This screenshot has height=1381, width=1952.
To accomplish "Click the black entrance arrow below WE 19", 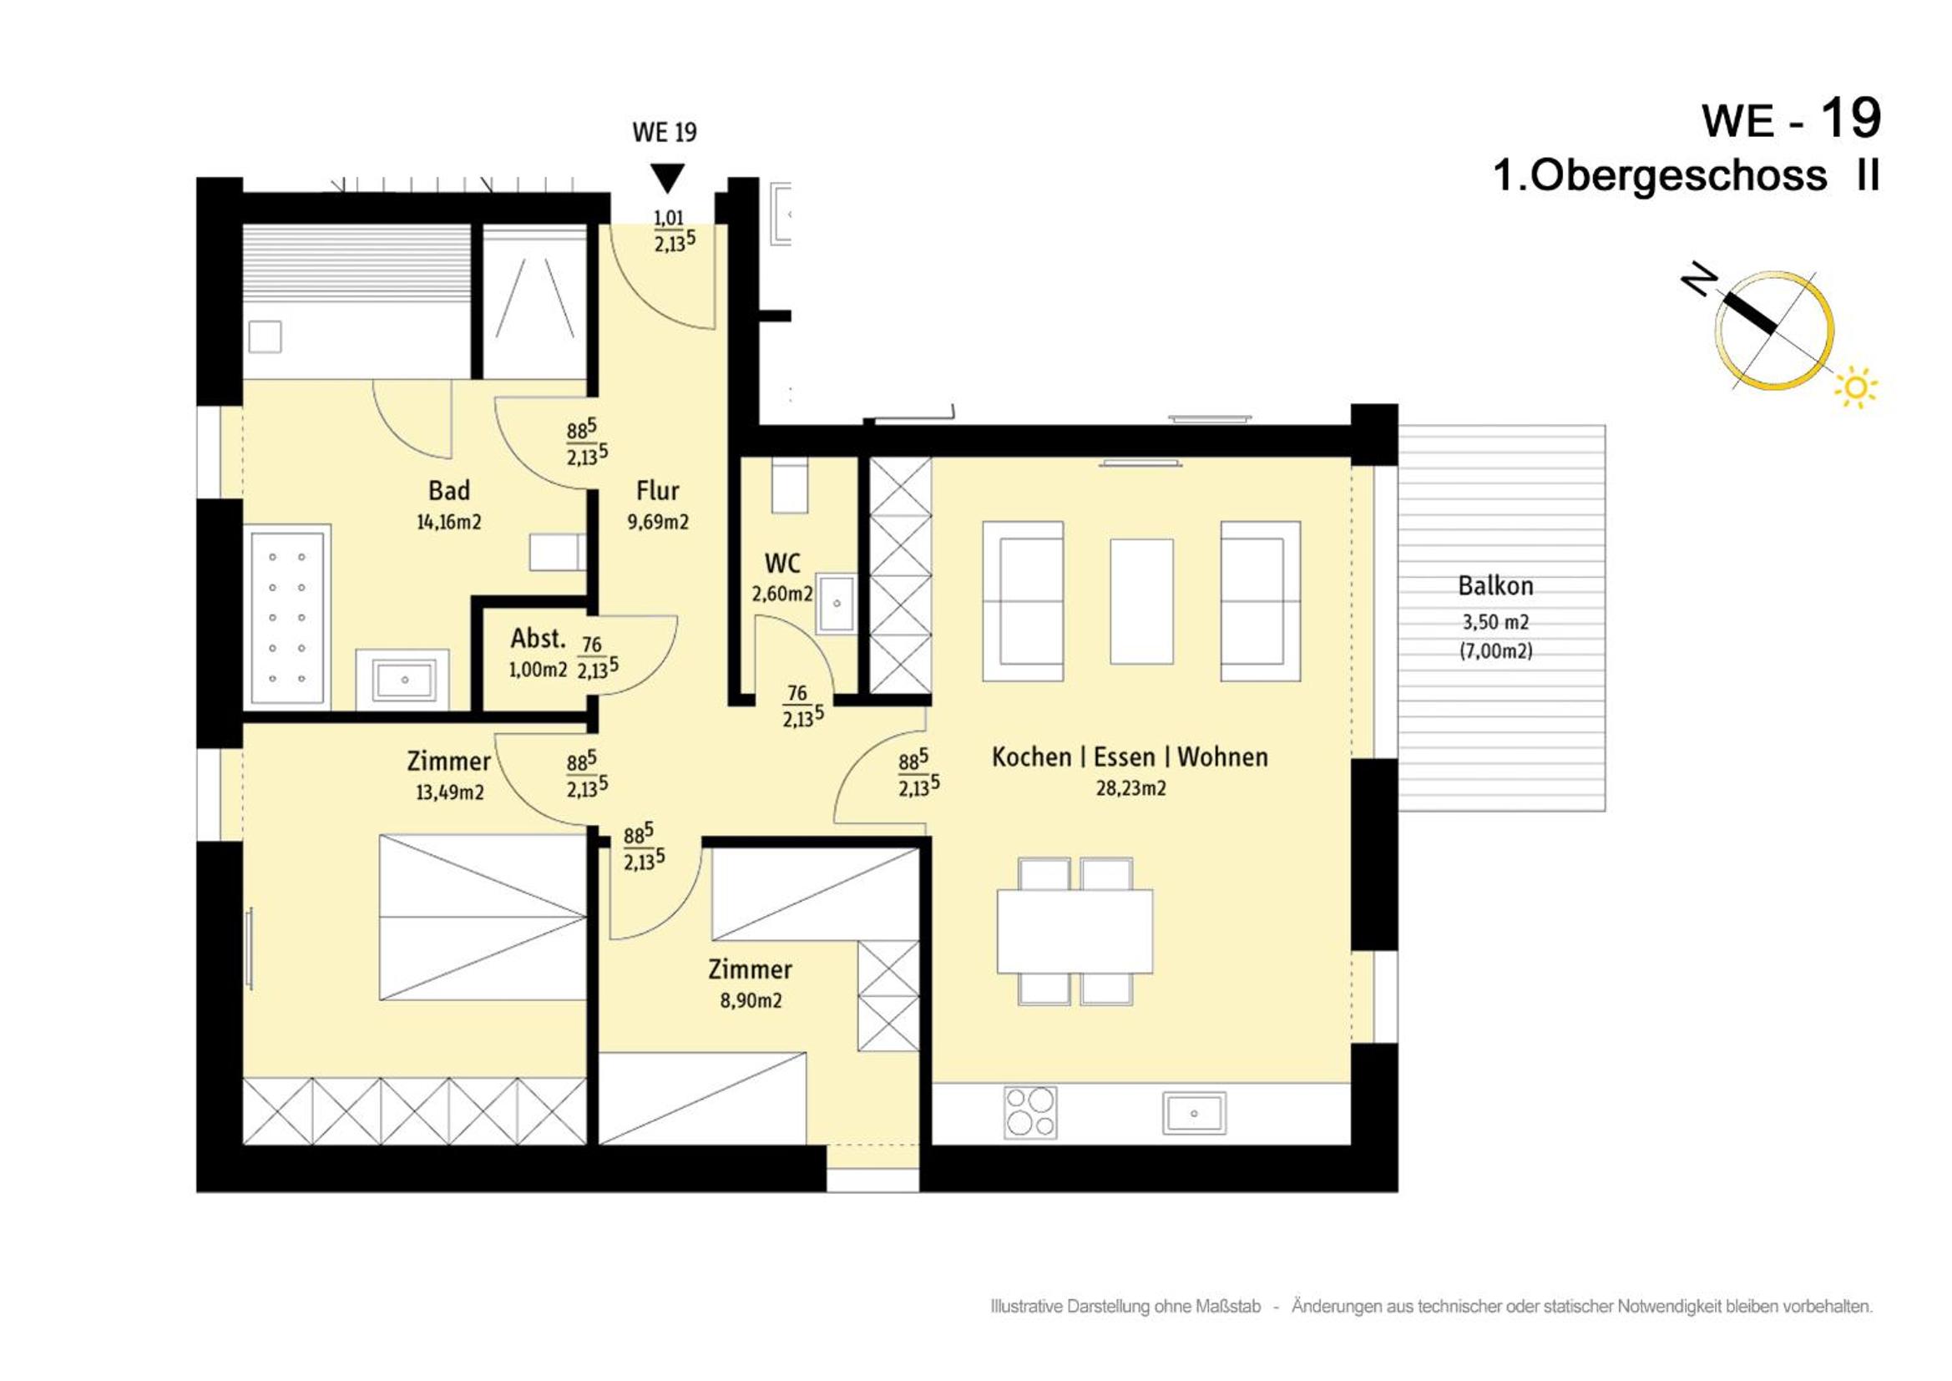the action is pos(667,179).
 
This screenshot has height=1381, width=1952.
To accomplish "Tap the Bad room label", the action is pos(449,491).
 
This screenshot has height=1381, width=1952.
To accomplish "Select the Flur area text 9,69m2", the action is pos(658,522).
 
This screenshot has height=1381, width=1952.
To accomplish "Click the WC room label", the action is pos(782,563).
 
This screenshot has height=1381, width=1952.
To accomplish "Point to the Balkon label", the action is pos(1495,586).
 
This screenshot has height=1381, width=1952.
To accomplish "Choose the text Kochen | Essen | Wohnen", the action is pos(1130,756).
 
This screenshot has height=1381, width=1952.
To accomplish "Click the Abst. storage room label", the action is pos(539,639).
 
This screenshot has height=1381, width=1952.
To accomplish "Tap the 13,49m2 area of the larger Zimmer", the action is pos(450,792).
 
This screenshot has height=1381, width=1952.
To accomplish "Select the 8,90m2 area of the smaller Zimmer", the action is pos(751,1001).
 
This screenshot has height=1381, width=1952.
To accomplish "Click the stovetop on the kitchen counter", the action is pos(1030,1112).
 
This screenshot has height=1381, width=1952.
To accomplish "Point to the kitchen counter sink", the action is pos(1194,1113).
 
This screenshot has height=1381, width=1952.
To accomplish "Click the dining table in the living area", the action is pos(1075,931).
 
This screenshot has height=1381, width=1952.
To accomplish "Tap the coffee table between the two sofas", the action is pos(1142,601).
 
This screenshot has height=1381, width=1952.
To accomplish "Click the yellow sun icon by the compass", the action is pos(1857,387).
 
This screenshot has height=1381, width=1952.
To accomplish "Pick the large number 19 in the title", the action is pos(1849,119).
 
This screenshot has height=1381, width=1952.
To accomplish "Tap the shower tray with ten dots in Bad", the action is pos(286,617).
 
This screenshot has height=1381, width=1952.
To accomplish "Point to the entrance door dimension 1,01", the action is pos(668,218).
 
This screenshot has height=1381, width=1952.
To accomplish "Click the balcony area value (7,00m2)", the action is pos(1496,651).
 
